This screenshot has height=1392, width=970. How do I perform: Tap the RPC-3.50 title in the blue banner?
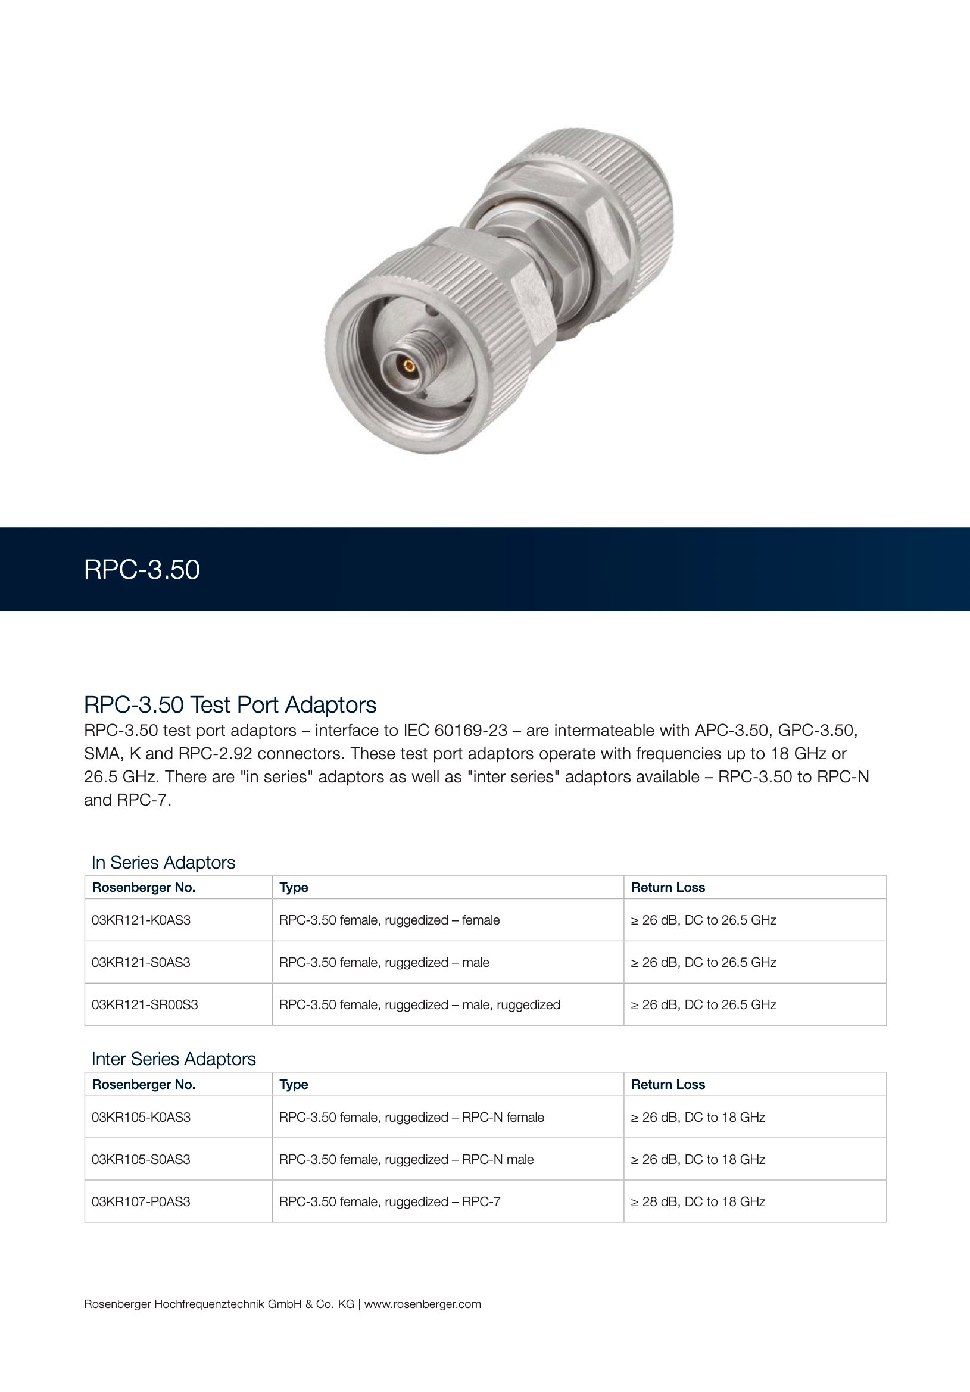point(142,570)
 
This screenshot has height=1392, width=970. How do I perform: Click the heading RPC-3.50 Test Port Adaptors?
point(230,705)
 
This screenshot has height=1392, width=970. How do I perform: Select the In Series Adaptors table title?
point(163,862)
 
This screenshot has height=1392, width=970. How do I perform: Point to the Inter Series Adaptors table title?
point(173,1059)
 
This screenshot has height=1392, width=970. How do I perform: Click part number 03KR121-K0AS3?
point(141,920)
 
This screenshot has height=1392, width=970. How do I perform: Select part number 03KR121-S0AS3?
point(141,963)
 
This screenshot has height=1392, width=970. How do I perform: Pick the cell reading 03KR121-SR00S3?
point(145,1004)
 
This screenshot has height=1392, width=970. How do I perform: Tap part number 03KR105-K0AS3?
point(141,1118)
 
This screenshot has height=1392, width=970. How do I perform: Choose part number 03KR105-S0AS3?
point(141,1160)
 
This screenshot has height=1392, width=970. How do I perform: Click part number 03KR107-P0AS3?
point(141,1201)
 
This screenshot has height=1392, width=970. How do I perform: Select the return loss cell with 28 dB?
point(698,1201)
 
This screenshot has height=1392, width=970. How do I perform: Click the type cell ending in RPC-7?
point(390,1201)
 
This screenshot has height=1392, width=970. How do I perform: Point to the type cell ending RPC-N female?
point(411,1118)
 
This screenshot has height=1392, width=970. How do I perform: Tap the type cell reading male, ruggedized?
point(420,1004)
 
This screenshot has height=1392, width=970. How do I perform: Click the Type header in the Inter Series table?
point(294,1085)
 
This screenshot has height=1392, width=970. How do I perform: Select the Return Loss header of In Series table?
point(668,888)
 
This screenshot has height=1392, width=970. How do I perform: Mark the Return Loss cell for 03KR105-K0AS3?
point(698,1118)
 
